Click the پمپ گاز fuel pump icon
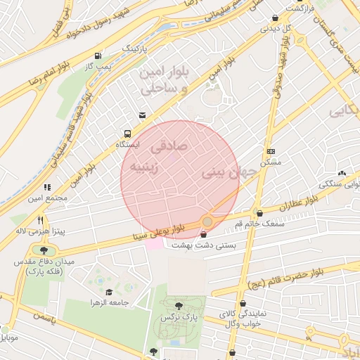97,56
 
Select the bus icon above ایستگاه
127,133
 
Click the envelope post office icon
143,115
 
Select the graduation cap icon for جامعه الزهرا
109,292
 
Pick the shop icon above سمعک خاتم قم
259,212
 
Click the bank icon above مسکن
271,151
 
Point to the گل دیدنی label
276,29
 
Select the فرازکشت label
299,8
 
